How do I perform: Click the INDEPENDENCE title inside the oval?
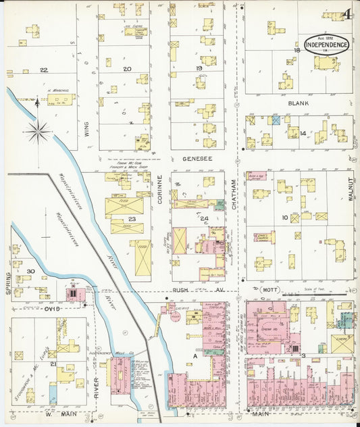[327, 45]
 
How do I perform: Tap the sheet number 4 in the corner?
[345, 14]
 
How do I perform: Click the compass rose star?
[38, 131]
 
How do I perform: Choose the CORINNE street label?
[160, 191]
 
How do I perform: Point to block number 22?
[44, 70]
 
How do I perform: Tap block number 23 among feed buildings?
[132, 218]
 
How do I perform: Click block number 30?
[29, 272]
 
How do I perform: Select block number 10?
[286, 217]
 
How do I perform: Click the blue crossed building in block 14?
[275, 120]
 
